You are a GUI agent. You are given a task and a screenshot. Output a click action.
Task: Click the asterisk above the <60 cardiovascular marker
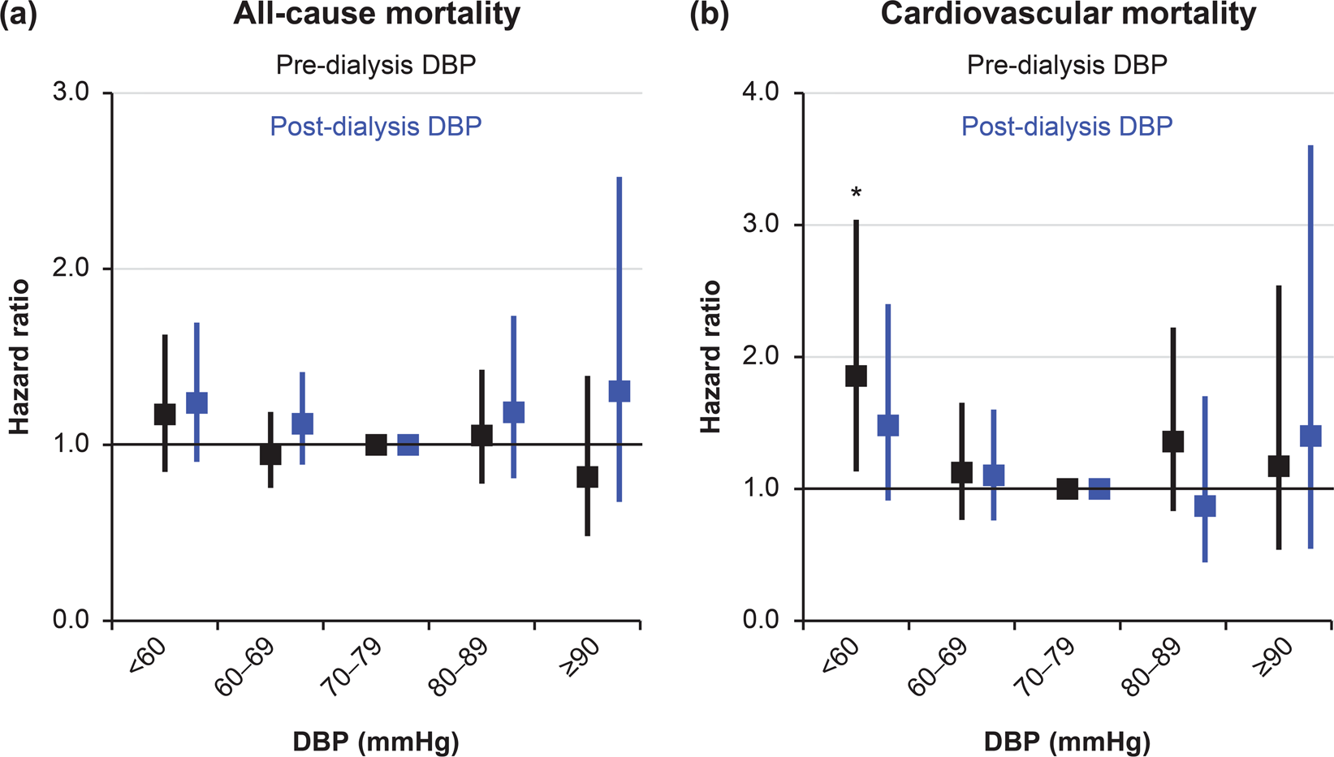[856, 193]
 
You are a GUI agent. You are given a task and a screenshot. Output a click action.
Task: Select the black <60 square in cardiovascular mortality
[856, 376]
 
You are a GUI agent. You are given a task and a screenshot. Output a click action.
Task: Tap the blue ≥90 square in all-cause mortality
[620, 391]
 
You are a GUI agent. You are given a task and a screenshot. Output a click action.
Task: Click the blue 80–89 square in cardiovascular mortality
[1205, 506]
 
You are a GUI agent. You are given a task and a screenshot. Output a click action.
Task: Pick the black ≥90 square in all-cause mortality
[587, 476]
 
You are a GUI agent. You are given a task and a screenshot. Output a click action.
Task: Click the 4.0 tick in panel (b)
[761, 92]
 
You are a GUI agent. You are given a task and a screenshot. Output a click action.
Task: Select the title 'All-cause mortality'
[377, 15]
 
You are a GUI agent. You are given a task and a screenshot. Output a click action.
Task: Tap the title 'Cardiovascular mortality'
[1068, 15]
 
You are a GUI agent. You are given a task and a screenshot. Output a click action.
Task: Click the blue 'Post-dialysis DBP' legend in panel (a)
[376, 127]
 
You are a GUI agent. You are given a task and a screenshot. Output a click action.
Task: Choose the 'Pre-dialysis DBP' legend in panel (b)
[1067, 65]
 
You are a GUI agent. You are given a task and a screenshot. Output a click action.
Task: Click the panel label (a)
[18, 15]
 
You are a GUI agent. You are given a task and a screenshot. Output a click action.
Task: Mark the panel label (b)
[709, 15]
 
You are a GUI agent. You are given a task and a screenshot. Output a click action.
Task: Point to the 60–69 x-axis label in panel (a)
[244, 668]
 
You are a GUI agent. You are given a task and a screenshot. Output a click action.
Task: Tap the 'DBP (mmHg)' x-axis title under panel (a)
[376, 742]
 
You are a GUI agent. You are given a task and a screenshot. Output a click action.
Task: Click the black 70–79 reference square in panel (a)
[376, 445]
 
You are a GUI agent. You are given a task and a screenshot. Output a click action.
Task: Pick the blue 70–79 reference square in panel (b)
[1099, 488]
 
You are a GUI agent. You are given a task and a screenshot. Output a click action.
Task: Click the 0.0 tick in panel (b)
[761, 621]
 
